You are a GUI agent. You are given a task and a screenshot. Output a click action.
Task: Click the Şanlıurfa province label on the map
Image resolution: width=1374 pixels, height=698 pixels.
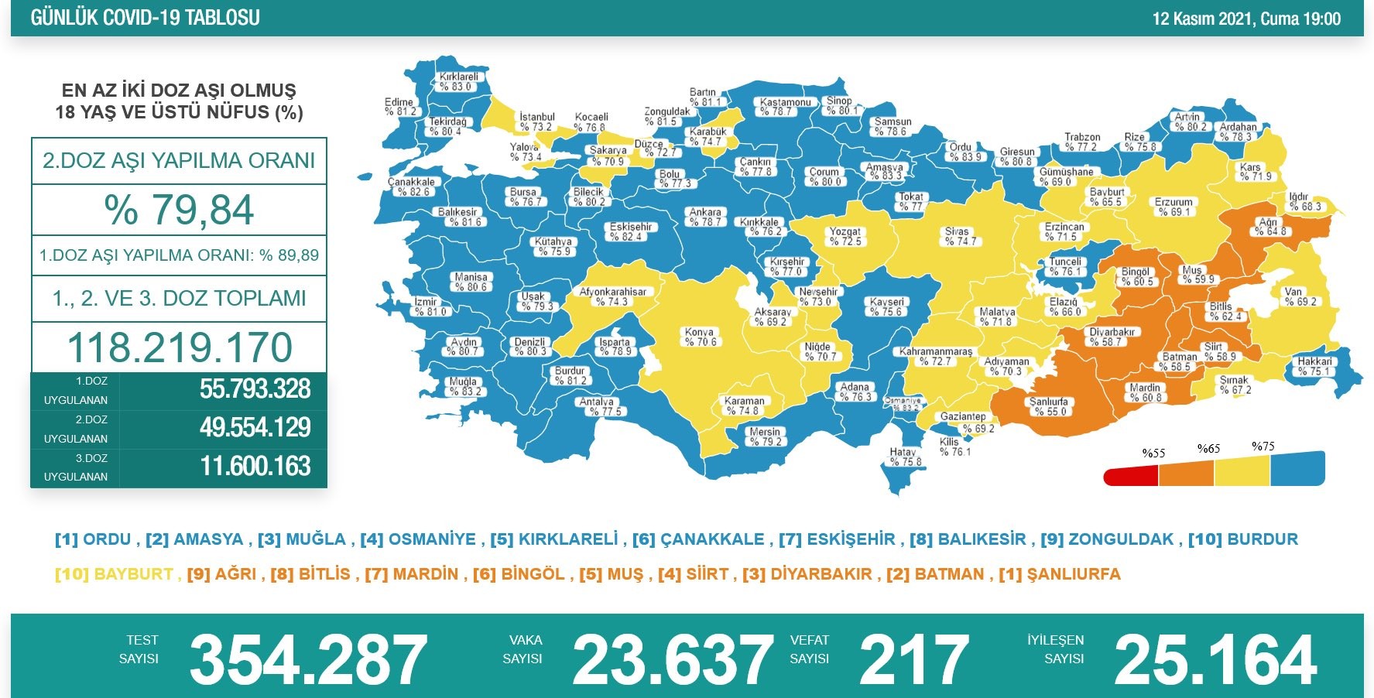tap(1048, 406)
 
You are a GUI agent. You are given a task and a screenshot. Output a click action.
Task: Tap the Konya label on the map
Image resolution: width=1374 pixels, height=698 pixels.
tap(700, 337)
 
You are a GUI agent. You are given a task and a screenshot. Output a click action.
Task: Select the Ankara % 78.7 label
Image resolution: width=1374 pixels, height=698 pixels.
tap(704, 217)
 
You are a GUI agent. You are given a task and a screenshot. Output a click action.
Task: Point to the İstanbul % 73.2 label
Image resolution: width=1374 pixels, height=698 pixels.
tap(536, 121)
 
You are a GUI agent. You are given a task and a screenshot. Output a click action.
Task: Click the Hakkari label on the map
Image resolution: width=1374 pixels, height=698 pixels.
tap(1314, 366)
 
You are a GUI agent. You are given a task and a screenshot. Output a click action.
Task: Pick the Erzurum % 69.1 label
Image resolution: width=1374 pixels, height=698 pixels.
tap(1174, 207)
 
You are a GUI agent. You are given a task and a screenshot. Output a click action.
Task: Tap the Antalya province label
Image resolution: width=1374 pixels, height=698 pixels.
tap(597, 406)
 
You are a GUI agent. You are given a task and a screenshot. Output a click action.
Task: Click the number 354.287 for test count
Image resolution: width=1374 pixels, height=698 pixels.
tap(307, 660)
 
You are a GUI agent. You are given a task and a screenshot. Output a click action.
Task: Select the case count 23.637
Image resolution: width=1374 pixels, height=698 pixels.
tap(672, 660)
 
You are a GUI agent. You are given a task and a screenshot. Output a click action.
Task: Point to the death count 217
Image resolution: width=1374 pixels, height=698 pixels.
tap(913, 660)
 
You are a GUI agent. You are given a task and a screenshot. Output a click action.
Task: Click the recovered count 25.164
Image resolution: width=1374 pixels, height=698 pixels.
tap(1215, 660)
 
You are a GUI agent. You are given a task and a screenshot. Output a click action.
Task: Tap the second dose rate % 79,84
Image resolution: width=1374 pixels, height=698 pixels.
tap(179, 210)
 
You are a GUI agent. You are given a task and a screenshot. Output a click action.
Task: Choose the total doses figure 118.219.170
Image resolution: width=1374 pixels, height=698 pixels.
tap(179, 347)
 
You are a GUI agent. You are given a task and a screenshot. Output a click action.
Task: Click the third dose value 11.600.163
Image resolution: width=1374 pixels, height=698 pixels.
tap(255, 467)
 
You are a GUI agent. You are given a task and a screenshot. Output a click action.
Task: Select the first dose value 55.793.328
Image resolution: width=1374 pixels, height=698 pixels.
tap(255, 389)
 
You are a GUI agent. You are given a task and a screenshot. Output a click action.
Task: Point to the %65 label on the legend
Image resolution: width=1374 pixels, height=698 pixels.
tap(1208, 449)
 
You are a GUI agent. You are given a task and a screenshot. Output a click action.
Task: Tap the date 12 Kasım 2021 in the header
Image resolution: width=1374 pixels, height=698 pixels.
tap(1201, 19)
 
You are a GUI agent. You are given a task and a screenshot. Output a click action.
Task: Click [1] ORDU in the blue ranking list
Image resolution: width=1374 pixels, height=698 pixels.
tap(95, 539)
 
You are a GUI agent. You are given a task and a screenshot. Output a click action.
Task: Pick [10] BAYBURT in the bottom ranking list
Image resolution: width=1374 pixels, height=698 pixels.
tap(114, 574)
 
